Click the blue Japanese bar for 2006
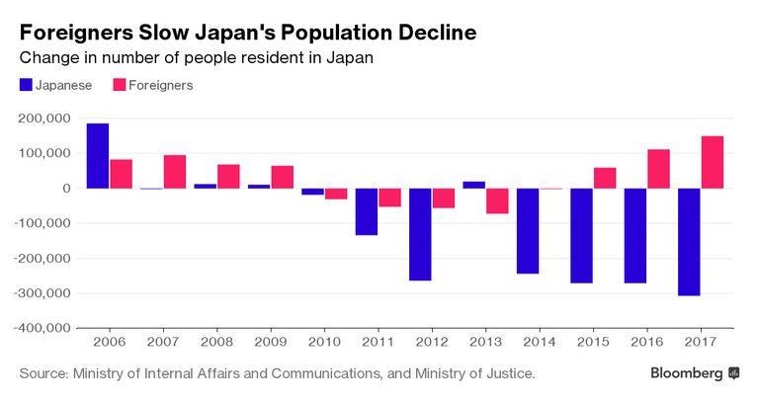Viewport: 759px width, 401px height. pos(98,155)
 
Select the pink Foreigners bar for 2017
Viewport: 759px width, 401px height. pos(712,162)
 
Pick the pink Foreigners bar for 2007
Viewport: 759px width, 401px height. pos(175,171)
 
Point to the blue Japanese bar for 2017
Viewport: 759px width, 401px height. pos(689,242)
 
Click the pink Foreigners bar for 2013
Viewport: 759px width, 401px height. pos(497,200)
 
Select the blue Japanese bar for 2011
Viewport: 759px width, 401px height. pos(367,211)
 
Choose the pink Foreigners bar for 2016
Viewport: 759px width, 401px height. pos(658,169)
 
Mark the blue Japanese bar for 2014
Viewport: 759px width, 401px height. pos(528,230)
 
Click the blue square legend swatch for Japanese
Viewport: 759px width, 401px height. pos(25,85)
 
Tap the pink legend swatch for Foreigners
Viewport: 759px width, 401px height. pos(121,85)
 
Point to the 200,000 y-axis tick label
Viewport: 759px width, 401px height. pos(46,119)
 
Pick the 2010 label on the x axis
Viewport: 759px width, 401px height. pos(324,342)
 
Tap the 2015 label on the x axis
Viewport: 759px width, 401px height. pos(593,342)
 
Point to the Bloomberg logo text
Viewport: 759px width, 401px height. pos(686,373)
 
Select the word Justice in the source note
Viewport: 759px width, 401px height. pos(507,373)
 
